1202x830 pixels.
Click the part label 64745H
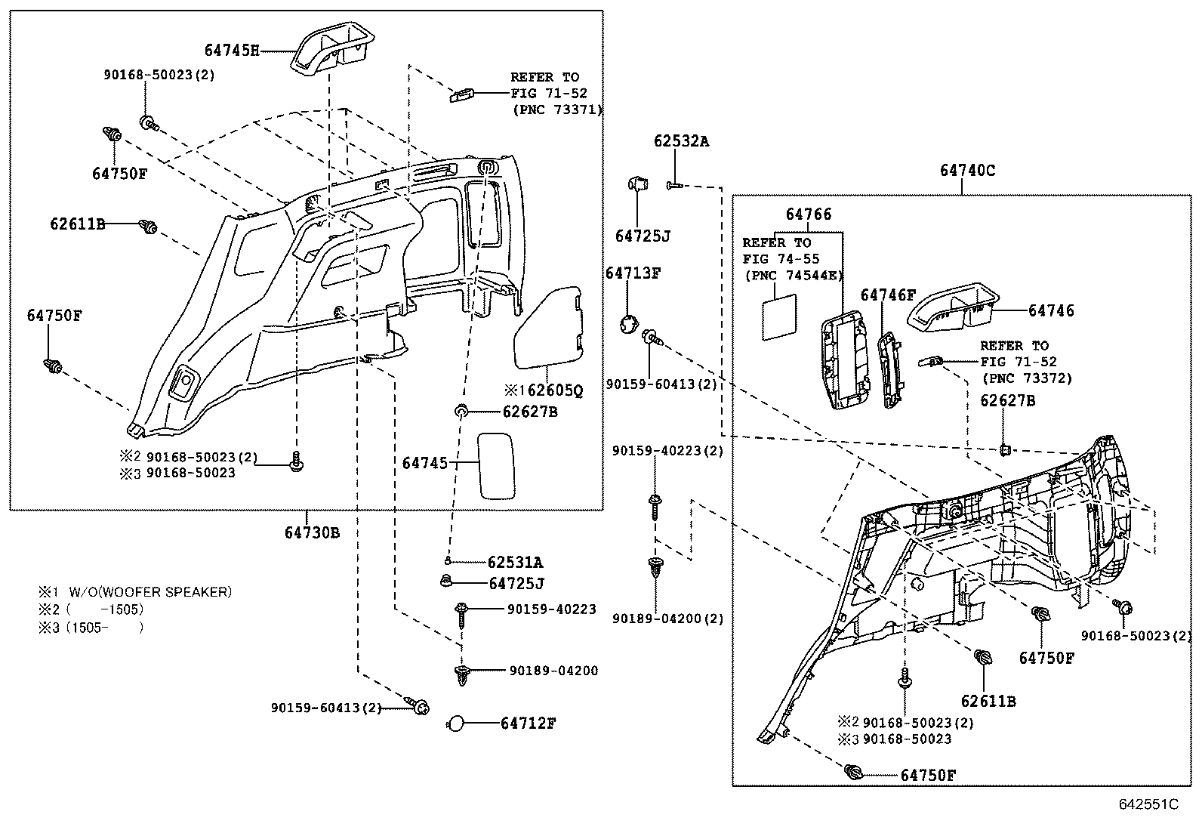click(231, 51)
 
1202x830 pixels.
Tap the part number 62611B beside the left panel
click(77, 224)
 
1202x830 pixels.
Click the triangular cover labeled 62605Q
click(548, 328)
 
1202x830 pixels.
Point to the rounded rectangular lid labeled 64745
click(496, 466)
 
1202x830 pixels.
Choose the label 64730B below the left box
click(312, 532)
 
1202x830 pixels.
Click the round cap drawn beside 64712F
click(455, 724)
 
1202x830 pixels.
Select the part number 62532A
click(681, 141)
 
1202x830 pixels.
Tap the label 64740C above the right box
click(967, 171)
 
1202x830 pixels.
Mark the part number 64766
click(809, 214)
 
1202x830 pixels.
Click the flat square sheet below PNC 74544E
click(779, 316)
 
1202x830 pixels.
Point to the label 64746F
click(888, 295)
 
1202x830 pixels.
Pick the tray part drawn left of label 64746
click(953, 307)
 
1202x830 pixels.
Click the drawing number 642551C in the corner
click(1148, 804)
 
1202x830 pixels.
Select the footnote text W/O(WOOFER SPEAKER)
click(150, 592)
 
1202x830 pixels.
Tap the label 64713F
click(633, 273)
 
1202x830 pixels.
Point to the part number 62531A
click(515, 562)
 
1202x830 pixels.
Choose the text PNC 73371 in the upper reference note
click(558, 110)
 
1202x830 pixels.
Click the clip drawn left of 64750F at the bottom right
click(852, 773)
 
